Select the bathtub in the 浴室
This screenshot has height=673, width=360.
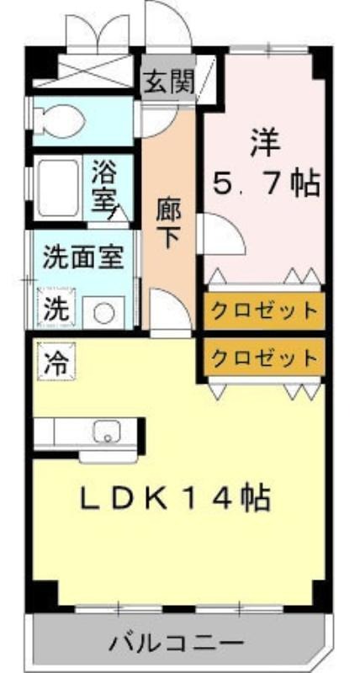[58, 188]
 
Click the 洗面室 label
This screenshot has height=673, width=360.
[83, 257]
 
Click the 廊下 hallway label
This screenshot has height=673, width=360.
[168, 224]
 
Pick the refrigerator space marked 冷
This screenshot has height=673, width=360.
[56, 361]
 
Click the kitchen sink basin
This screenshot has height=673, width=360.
[107, 431]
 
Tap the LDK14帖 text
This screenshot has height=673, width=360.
[175, 498]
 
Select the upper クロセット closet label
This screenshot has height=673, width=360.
[264, 310]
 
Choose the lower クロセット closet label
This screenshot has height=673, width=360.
[264, 356]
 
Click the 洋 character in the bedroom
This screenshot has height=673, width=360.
[266, 144]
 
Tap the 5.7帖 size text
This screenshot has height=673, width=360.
[267, 183]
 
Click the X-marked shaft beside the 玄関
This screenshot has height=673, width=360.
[83, 71]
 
